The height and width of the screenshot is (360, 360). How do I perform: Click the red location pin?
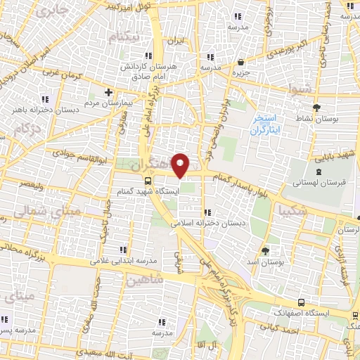click(181, 165)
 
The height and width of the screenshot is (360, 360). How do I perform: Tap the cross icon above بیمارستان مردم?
click(108, 92)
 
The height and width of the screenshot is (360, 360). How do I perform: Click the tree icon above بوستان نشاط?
click(316, 108)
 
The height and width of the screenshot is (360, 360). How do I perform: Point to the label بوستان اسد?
click(265, 262)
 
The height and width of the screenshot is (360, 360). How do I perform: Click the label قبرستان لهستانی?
click(319, 184)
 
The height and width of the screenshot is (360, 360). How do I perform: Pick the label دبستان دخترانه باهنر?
click(45, 110)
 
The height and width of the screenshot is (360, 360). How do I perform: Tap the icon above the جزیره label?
click(241, 62)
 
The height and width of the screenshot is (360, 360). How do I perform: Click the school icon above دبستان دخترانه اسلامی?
click(207, 213)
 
